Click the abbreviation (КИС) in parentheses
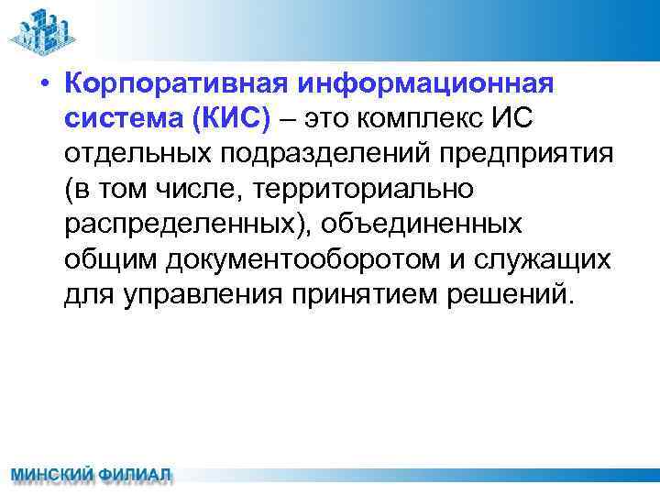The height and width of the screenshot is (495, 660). pos(237,120)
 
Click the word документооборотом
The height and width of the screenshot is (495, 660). pos(302,260)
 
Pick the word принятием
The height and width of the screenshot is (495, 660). pos(367,295)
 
